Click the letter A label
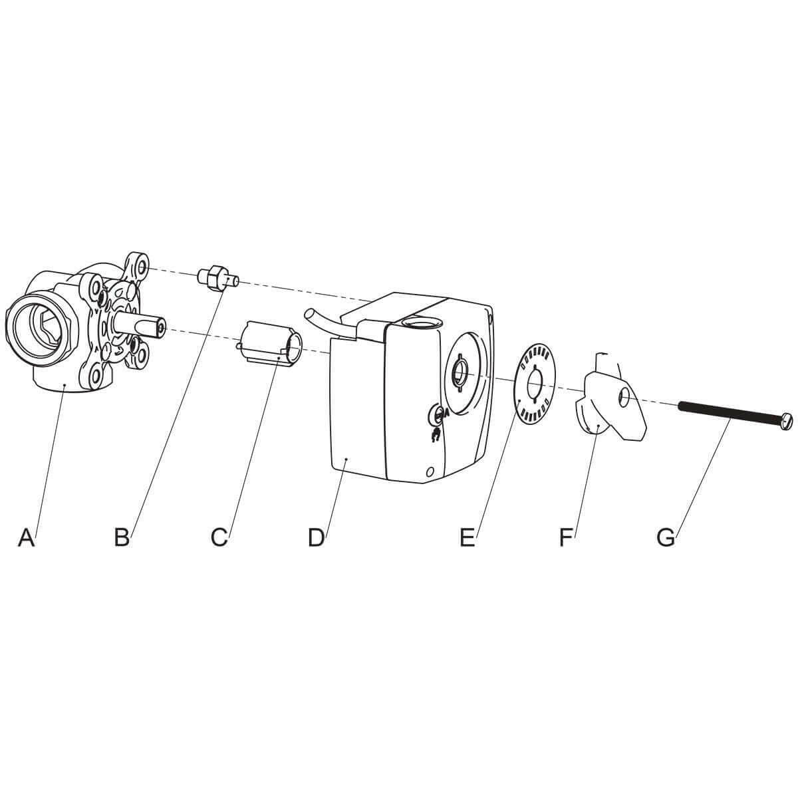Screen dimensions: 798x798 (26, 537)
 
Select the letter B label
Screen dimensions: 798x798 (122, 537)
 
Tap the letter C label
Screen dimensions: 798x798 (219, 537)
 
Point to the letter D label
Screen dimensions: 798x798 (316, 537)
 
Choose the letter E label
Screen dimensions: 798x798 (467, 537)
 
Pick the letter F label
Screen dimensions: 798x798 (566, 537)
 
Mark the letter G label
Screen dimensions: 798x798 (666, 537)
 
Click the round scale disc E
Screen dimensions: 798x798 (536, 384)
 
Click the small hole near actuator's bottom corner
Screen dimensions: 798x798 (430, 471)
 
